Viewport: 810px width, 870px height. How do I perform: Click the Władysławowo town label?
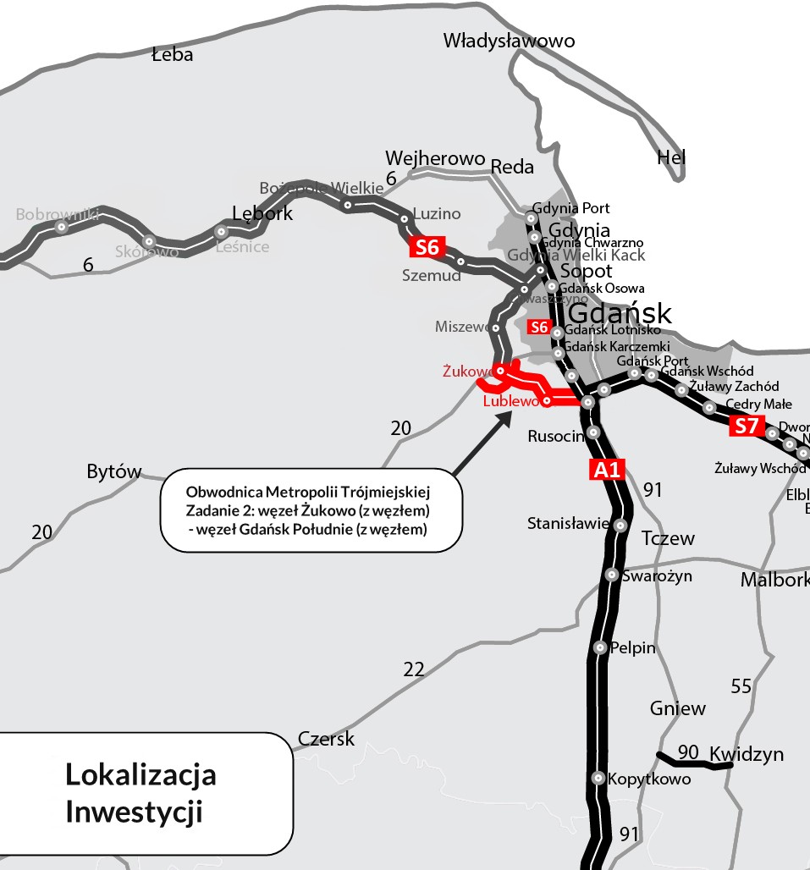pyautogui.click(x=509, y=41)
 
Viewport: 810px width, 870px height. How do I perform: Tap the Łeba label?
pyautogui.click(x=172, y=55)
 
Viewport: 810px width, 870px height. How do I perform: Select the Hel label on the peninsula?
pyautogui.click(x=671, y=157)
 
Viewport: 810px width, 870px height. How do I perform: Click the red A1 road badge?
pyautogui.click(x=607, y=470)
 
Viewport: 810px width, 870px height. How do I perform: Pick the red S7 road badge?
pyautogui.click(x=745, y=426)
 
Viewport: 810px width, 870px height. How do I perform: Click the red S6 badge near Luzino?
pyautogui.click(x=427, y=247)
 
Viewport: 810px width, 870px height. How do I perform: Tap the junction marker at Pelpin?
pyautogui.click(x=600, y=648)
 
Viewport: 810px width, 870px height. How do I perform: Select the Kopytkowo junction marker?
pyautogui.click(x=598, y=778)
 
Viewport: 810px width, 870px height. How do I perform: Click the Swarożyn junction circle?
pyautogui.click(x=613, y=575)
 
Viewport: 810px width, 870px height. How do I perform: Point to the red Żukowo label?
pyautogui.click(x=467, y=372)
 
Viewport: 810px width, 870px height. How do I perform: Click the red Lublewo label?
pyautogui.click(x=510, y=402)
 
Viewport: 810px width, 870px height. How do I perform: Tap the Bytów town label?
pyautogui.click(x=113, y=472)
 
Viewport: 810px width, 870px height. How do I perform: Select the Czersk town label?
pyautogui.click(x=326, y=739)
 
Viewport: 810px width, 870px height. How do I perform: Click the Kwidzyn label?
pyautogui.click(x=747, y=754)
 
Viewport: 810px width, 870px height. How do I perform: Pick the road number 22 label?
pyautogui.click(x=413, y=670)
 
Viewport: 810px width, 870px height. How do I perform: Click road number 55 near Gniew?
pyautogui.click(x=741, y=686)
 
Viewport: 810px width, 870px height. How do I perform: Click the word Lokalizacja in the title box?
pyautogui.click(x=141, y=774)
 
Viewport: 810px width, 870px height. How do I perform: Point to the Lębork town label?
pyautogui.click(x=262, y=213)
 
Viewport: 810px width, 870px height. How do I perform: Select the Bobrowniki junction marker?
pyautogui.click(x=61, y=227)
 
